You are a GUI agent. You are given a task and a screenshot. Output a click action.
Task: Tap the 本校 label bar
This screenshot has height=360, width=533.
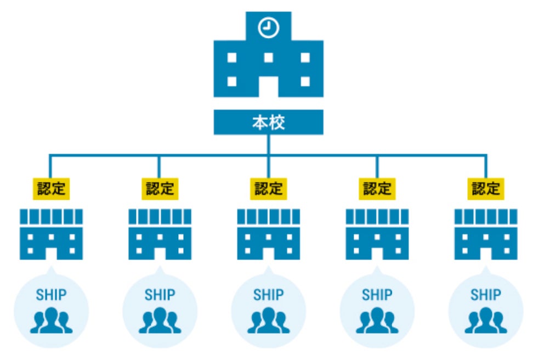pyautogui.click(x=268, y=122)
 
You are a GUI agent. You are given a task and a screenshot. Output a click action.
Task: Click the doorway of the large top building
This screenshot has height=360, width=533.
pyautogui.click(x=268, y=86)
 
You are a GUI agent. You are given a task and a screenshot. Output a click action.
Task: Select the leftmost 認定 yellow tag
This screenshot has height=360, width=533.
pyautogui.click(x=51, y=188)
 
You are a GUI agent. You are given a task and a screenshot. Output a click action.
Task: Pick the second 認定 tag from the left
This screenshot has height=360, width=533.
pyautogui.click(x=160, y=188)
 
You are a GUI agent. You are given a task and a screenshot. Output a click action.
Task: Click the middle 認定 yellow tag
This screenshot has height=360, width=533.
pyautogui.click(x=268, y=188)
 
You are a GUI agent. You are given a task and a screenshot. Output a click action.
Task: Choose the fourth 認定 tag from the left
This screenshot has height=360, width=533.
pyautogui.click(x=377, y=188)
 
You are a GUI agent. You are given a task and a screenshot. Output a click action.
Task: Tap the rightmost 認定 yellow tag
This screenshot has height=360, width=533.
pyautogui.click(x=486, y=188)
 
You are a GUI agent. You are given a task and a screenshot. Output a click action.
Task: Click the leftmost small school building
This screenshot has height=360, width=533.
pyautogui.click(x=51, y=234)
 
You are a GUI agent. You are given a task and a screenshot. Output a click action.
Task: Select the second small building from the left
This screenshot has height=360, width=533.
pyautogui.click(x=160, y=234)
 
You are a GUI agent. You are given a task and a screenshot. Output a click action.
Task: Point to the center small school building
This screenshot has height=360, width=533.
pyautogui.click(x=268, y=234)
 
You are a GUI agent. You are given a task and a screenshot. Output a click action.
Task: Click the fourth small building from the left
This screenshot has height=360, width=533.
pyautogui.click(x=377, y=234)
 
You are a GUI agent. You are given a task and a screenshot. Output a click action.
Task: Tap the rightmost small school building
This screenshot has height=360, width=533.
pyautogui.click(x=486, y=234)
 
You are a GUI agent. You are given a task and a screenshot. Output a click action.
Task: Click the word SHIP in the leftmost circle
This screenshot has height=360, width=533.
pyautogui.click(x=51, y=295)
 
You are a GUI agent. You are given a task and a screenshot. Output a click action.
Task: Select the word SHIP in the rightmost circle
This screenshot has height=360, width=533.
pyautogui.click(x=486, y=295)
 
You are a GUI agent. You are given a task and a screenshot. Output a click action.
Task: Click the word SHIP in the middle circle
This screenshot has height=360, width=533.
pyautogui.click(x=268, y=295)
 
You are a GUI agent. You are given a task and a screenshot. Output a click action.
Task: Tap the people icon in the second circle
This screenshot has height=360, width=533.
pyautogui.click(x=160, y=321)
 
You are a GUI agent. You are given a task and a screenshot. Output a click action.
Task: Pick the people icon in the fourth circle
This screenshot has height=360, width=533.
pyautogui.click(x=377, y=321)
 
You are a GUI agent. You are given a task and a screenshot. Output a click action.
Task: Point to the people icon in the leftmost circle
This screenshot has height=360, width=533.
pyautogui.click(x=51, y=321)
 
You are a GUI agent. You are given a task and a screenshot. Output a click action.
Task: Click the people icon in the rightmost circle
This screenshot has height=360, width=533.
pyautogui.click(x=486, y=321)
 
